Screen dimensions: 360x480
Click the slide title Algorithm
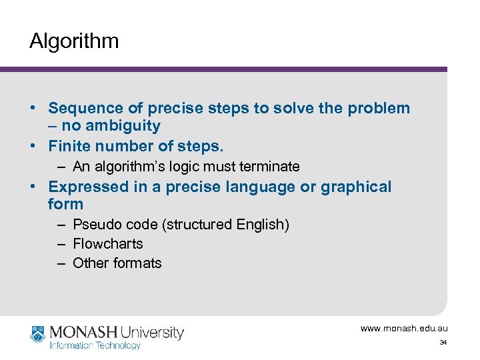pos(74,41)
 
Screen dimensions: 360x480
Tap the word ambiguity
pos(123,125)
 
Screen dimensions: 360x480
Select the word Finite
pos(70,145)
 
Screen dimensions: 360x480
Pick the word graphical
pos(356,187)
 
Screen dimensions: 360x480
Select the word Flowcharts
pos(108,244)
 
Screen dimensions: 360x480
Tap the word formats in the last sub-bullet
pos(137,263)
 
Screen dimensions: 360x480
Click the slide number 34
pos(443,343)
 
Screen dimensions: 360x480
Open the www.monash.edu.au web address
pos(404,329)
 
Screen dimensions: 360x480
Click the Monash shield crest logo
pos(37,335)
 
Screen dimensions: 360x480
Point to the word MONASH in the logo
pos(83,331)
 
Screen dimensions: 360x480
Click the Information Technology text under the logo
pos(95,345)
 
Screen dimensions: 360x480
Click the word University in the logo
pos(152,331)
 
